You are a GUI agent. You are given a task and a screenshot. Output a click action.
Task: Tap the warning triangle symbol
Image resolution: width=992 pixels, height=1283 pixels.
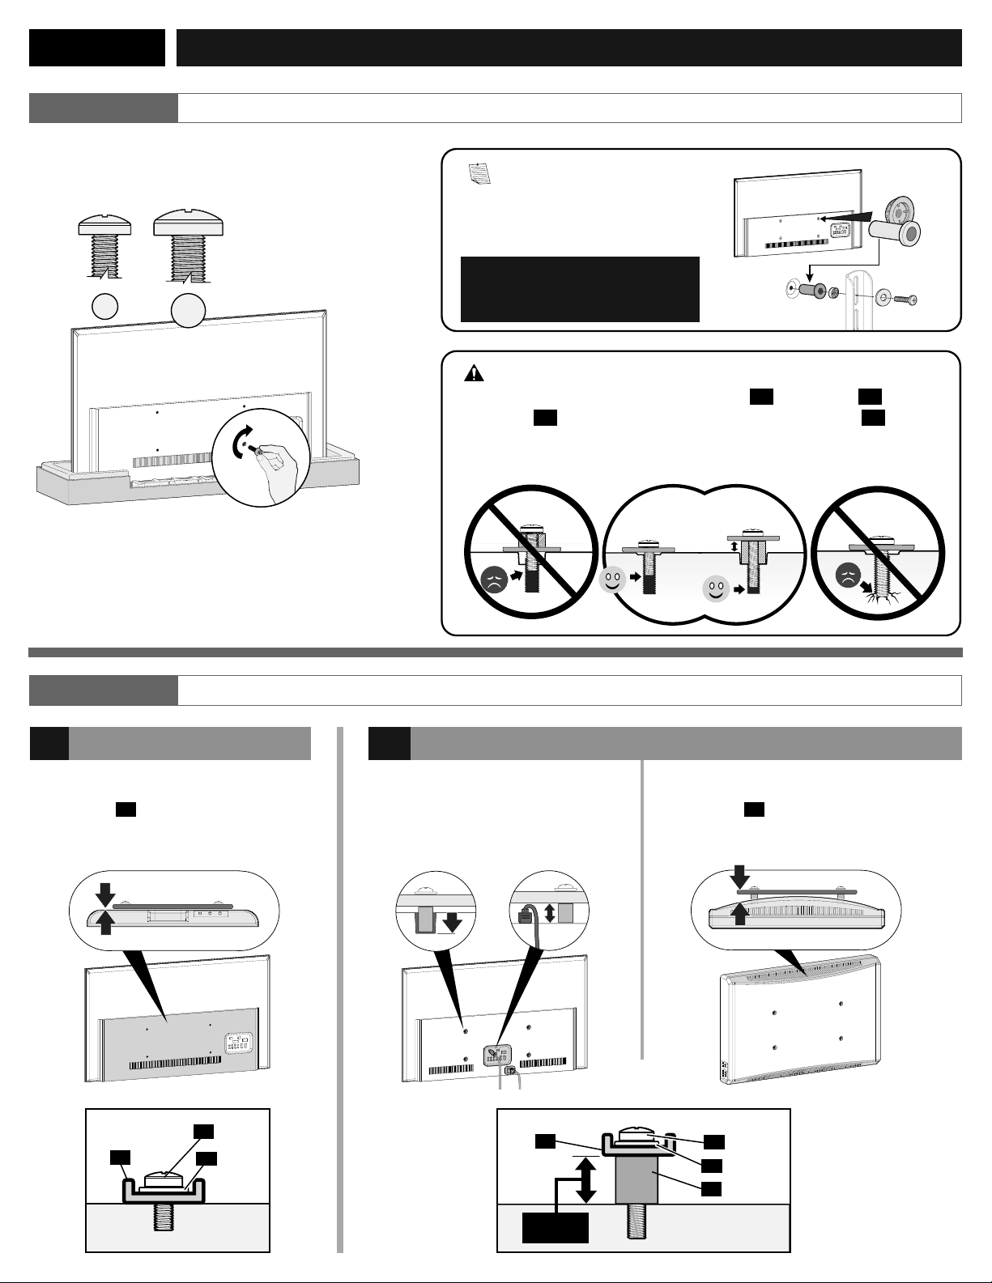click(x=474, y=374)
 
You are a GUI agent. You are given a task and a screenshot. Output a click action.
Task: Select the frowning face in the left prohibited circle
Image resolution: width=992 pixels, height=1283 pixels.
click(x=494, y=581)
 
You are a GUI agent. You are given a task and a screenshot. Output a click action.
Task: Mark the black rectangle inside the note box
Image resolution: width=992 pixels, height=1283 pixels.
click(x=579, y=289)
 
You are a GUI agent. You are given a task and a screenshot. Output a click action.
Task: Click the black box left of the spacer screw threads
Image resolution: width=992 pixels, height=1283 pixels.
click(x=556, y=1226)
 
